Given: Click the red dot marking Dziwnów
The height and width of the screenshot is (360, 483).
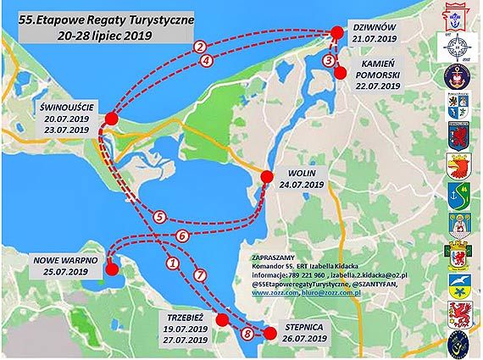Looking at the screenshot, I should coord(336,31).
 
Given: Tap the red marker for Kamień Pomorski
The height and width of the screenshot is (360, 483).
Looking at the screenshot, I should coord(340,72).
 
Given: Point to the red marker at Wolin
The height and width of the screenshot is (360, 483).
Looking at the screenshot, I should coord(266,177).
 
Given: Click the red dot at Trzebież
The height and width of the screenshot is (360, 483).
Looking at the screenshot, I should coord(222,319).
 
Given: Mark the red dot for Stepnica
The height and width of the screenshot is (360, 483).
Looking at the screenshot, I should coord(270,334).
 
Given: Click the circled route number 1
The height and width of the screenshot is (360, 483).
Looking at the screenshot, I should coord(173,263).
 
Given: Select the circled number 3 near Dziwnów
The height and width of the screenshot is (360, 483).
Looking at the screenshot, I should coord(329,59).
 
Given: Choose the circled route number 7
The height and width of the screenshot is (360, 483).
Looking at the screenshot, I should coord(200,274).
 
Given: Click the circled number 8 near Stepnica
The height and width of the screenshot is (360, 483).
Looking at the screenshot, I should coord(247,335).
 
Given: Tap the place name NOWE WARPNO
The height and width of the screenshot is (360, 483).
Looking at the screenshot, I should coord(66,259).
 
